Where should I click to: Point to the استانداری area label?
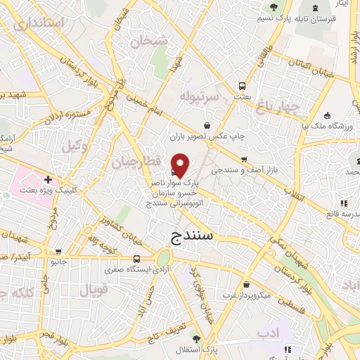39,23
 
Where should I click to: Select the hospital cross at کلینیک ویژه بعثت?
48,180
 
